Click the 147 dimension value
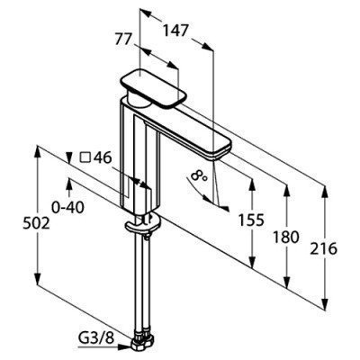pos(175,31)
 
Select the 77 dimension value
pos(124,40)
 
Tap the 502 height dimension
pos(36,223)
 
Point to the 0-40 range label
pos(67,208)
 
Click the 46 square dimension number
pos(103,157)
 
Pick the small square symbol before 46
pos(85,157)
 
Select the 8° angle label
pos(200,175)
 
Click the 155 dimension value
pos(251,220)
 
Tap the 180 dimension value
pos(286,237)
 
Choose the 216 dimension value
pos(324,248)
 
